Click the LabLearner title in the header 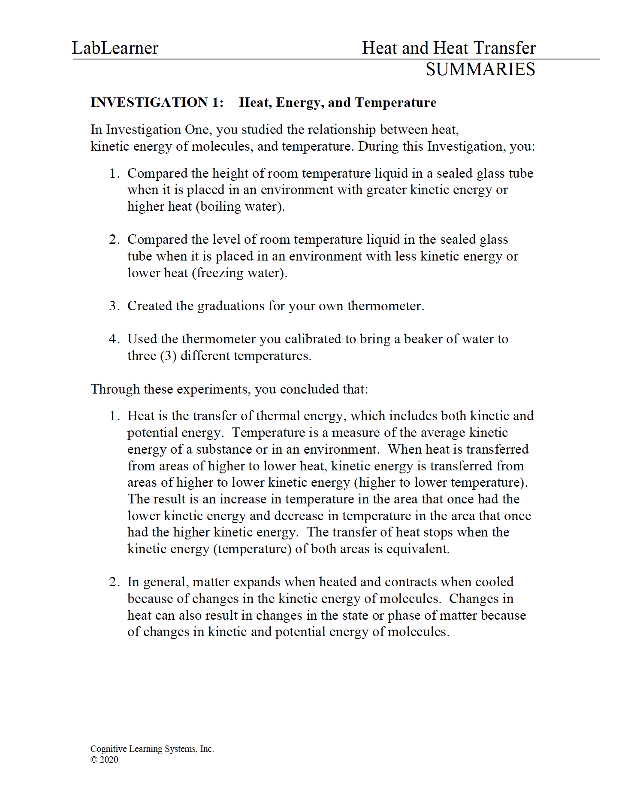pos(115,48)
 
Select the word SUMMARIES pos(480,70)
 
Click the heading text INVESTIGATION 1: pos(157,103)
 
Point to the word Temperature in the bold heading pos(396,103)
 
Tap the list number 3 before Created pos(113,306)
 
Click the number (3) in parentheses pos(168,356)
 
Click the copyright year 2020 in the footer pos(109,760)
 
